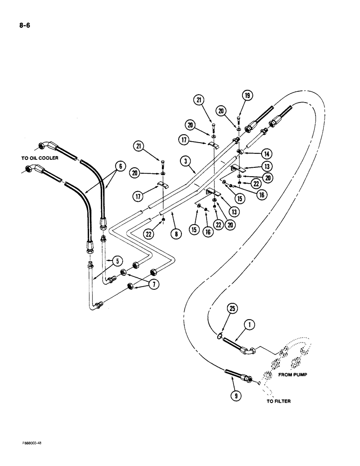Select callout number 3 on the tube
coord(186,162)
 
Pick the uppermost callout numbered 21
coord(200,99)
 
